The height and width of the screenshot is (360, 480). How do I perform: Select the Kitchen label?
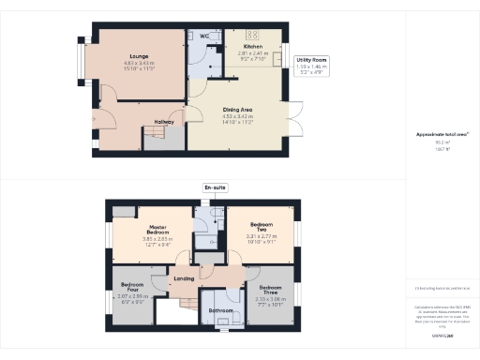[x=253, y=46]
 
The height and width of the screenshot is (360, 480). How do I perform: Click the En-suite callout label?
[x=215, y=187]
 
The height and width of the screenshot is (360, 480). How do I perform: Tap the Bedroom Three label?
[x=271, y=289]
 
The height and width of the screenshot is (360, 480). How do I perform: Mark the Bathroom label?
[x=221, y=309]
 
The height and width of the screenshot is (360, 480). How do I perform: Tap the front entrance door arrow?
[x=94, y=118]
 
